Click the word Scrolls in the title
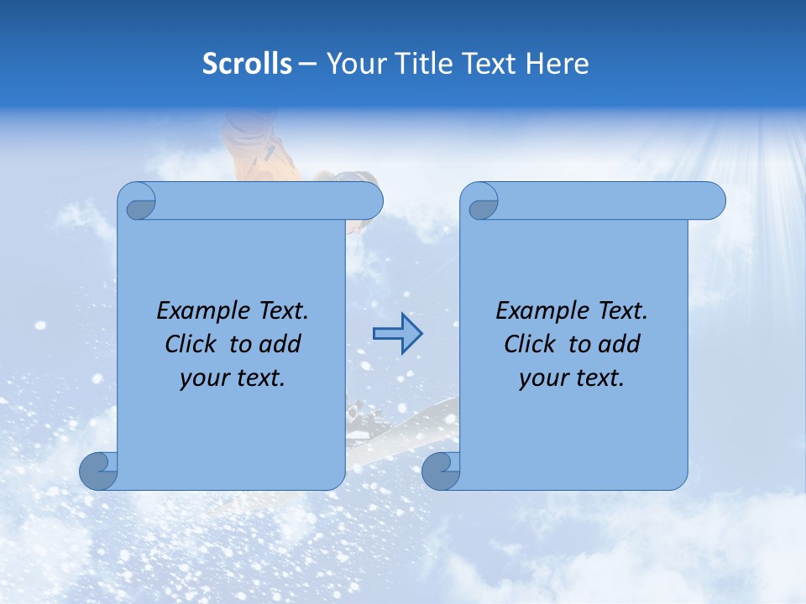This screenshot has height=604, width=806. [248, 64]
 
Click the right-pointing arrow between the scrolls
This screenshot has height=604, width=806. [397, 334]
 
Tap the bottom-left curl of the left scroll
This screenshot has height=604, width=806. [98, 471]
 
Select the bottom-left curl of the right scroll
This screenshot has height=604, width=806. [441, 471]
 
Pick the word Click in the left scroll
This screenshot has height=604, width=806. [190, 345]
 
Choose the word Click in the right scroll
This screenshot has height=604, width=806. [529, 345]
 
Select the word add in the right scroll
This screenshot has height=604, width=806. [620, 345]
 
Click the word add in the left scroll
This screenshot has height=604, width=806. [280, 345]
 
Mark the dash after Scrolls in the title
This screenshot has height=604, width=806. [307, 64]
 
